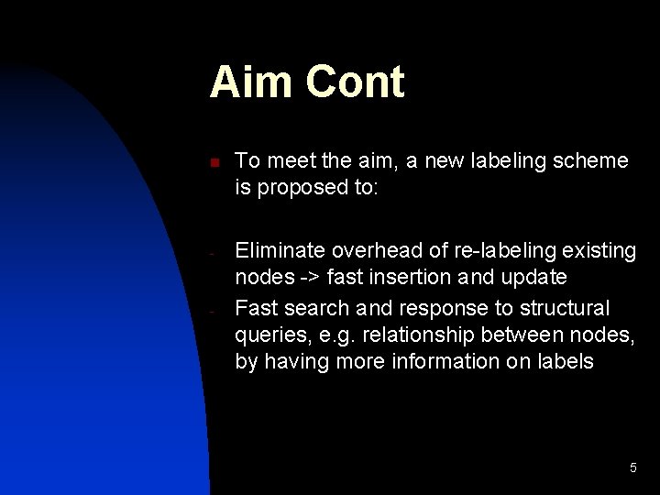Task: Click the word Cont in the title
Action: [x=355, y=82]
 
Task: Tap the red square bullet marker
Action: [x=213, y=163]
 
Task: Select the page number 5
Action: [x=632, y=468]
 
